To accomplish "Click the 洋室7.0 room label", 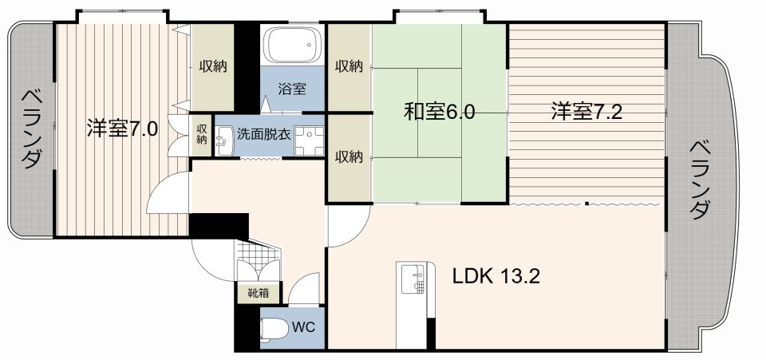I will tap(122, 128).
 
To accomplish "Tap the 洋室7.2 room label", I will tap(586, 112).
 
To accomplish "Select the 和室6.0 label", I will tap(439, 112).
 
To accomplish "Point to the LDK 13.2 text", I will tap(496, 277).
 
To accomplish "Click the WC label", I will tap(302, 326).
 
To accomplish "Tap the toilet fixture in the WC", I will tap(274, 329).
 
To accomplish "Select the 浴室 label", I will tap(291, 89).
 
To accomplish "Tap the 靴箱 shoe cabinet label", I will tap(257, 293).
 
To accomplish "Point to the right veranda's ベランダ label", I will tap(699, 180).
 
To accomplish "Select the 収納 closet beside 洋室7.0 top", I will tap(212, 66).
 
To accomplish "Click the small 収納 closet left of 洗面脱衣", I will tap(202, 133).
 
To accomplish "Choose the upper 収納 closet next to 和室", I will tap(349, 66).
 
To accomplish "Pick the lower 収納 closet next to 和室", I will tap(349, 157).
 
